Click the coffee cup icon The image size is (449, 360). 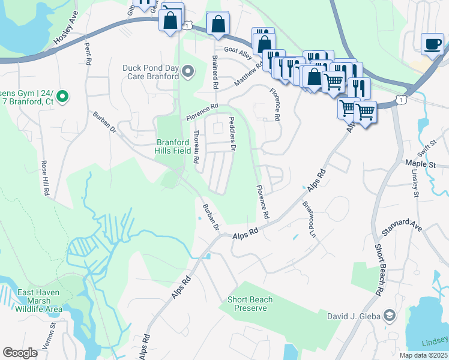432,43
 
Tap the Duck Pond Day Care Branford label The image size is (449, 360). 151,72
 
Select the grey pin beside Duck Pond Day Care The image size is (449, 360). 188,73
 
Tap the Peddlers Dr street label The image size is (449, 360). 232,134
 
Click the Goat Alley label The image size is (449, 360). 238,52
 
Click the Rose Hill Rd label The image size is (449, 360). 44,178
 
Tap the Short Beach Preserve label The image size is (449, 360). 250,304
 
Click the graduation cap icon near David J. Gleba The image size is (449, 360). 390,316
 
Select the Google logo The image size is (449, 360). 20,353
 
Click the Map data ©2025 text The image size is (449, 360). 423,355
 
